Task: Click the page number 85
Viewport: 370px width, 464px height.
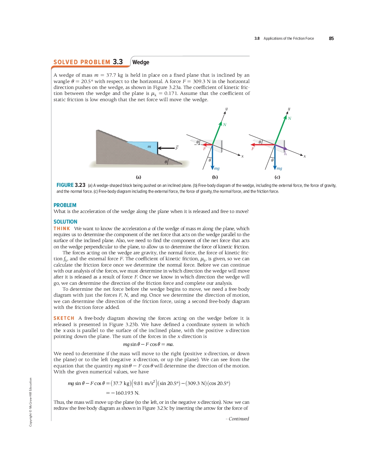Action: click(331, 38)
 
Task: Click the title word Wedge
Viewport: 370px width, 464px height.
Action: click(141, 62)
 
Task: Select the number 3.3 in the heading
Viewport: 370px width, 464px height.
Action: click(118, 62)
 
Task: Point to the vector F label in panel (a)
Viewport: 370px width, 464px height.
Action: click(177, 148)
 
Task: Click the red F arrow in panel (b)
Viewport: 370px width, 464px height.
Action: click(207, 145)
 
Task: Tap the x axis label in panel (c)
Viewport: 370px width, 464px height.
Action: click(305, 156)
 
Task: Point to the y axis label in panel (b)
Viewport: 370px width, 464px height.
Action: click(226, 108)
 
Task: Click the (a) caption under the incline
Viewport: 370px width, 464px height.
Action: click(138, 177)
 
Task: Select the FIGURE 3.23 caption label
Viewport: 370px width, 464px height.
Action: click(71, 185)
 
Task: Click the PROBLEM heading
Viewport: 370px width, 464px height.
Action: click(65, 205)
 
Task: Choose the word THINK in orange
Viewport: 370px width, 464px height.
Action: click(62, 229)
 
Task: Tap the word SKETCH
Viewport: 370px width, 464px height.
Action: click(64, 318)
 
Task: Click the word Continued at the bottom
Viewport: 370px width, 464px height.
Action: click(239, 419)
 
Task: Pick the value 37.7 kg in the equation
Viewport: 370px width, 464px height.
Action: click(121, 383)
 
